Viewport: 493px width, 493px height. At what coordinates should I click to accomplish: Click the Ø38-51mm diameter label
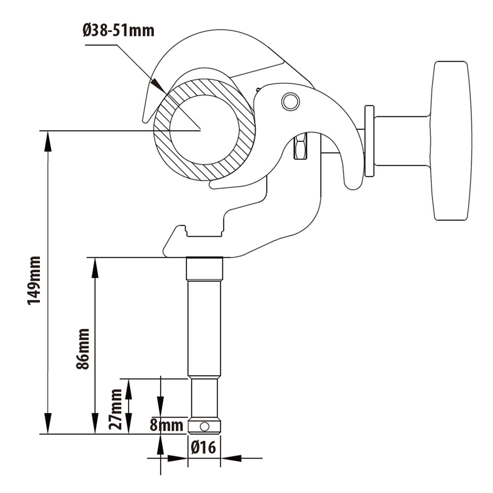tap(118, 31)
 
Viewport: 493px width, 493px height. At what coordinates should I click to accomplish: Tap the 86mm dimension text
tap(83, 349)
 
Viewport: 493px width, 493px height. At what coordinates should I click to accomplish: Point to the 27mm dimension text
tap(116, 409)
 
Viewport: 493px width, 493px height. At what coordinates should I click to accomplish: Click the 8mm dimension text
tap(167, 425)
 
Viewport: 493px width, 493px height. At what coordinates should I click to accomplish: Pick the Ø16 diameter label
tap(204, 448)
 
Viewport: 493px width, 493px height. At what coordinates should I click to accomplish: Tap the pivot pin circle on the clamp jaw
tap(290, 102)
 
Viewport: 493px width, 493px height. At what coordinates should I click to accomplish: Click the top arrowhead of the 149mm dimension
tap(48, 141)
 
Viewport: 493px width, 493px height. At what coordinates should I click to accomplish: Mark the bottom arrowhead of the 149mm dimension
tap(48, 424)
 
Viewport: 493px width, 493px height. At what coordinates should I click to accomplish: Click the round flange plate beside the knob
tap(369, 141)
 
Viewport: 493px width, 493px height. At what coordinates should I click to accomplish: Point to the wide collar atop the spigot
tap(204, 269)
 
